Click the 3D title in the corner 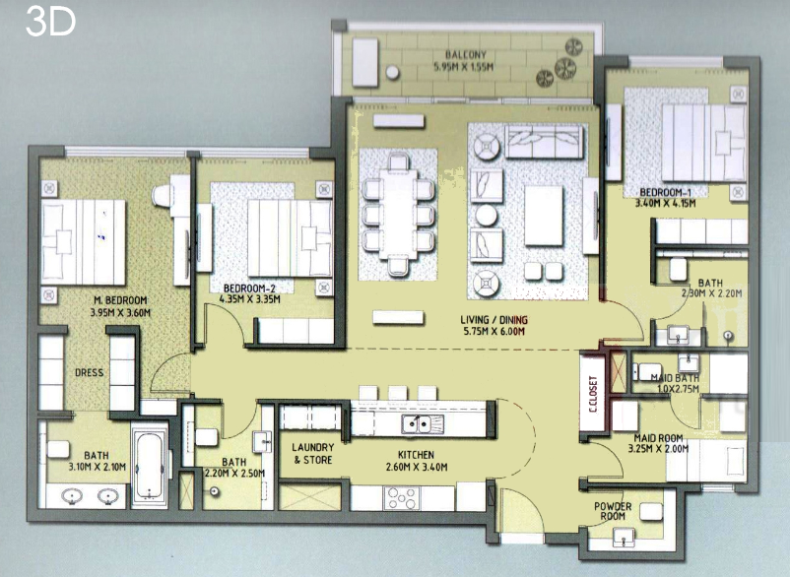(50, 22)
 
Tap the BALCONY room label (466, 54)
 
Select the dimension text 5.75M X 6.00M (494, 331)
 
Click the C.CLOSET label (593, 394)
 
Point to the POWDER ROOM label (613, 511)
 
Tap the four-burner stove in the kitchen (401, 498)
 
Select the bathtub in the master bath (150, 467)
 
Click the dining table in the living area (398, 215)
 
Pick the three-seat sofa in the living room (544, 142)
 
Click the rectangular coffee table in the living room (544, 216)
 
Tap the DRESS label (90, 373)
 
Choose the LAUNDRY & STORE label (313, 454)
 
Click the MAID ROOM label (658, 438)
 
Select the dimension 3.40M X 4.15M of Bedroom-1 (665, 204)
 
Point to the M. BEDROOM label (120, 300)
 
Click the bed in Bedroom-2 (291, 238)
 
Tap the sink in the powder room (624, 538)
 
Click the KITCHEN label (416, 455)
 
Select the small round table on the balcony (392, 73)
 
